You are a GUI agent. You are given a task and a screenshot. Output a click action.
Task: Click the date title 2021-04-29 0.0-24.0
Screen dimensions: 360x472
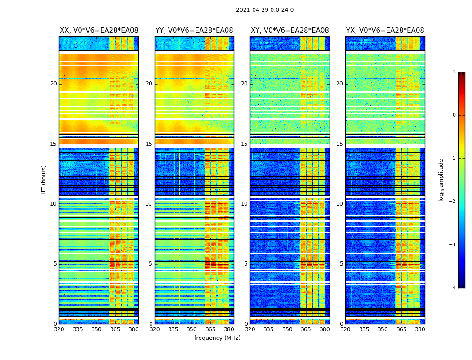265,10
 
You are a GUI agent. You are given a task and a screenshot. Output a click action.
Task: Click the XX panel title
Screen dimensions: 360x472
99,31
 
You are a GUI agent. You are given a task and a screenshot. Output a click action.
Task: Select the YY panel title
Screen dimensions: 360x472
194,31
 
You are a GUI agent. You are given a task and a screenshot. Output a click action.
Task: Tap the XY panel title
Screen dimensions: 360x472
289,31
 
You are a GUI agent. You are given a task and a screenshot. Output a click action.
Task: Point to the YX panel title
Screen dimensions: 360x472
385,31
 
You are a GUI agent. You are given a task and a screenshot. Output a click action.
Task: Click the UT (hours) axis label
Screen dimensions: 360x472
44,180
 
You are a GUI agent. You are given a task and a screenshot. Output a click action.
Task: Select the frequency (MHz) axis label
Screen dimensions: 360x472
217,338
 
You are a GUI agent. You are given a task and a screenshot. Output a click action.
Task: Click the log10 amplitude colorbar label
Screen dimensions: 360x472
441,180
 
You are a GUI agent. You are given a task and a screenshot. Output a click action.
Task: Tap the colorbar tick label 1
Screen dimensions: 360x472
454,72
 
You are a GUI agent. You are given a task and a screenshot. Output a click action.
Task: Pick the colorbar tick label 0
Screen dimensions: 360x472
454,115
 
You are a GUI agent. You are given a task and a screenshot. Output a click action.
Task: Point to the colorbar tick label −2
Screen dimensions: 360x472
453,202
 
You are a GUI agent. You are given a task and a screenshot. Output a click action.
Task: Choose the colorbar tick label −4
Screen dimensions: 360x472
453,288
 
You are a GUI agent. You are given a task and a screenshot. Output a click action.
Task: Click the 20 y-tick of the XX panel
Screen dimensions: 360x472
53,84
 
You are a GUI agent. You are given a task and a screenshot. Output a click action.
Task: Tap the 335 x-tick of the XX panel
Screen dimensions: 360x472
78,329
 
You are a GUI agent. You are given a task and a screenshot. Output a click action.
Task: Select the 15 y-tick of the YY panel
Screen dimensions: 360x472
149,144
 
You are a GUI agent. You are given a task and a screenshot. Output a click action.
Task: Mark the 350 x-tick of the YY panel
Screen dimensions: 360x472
192,329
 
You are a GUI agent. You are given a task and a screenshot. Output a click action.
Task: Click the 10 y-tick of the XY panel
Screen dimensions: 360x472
244,204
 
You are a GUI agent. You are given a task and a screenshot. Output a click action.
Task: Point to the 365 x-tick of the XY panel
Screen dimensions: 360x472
306,329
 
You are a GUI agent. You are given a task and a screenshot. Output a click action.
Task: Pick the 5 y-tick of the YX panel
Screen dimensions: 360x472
341,264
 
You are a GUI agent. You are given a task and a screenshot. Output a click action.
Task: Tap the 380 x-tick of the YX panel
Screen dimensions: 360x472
420,329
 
